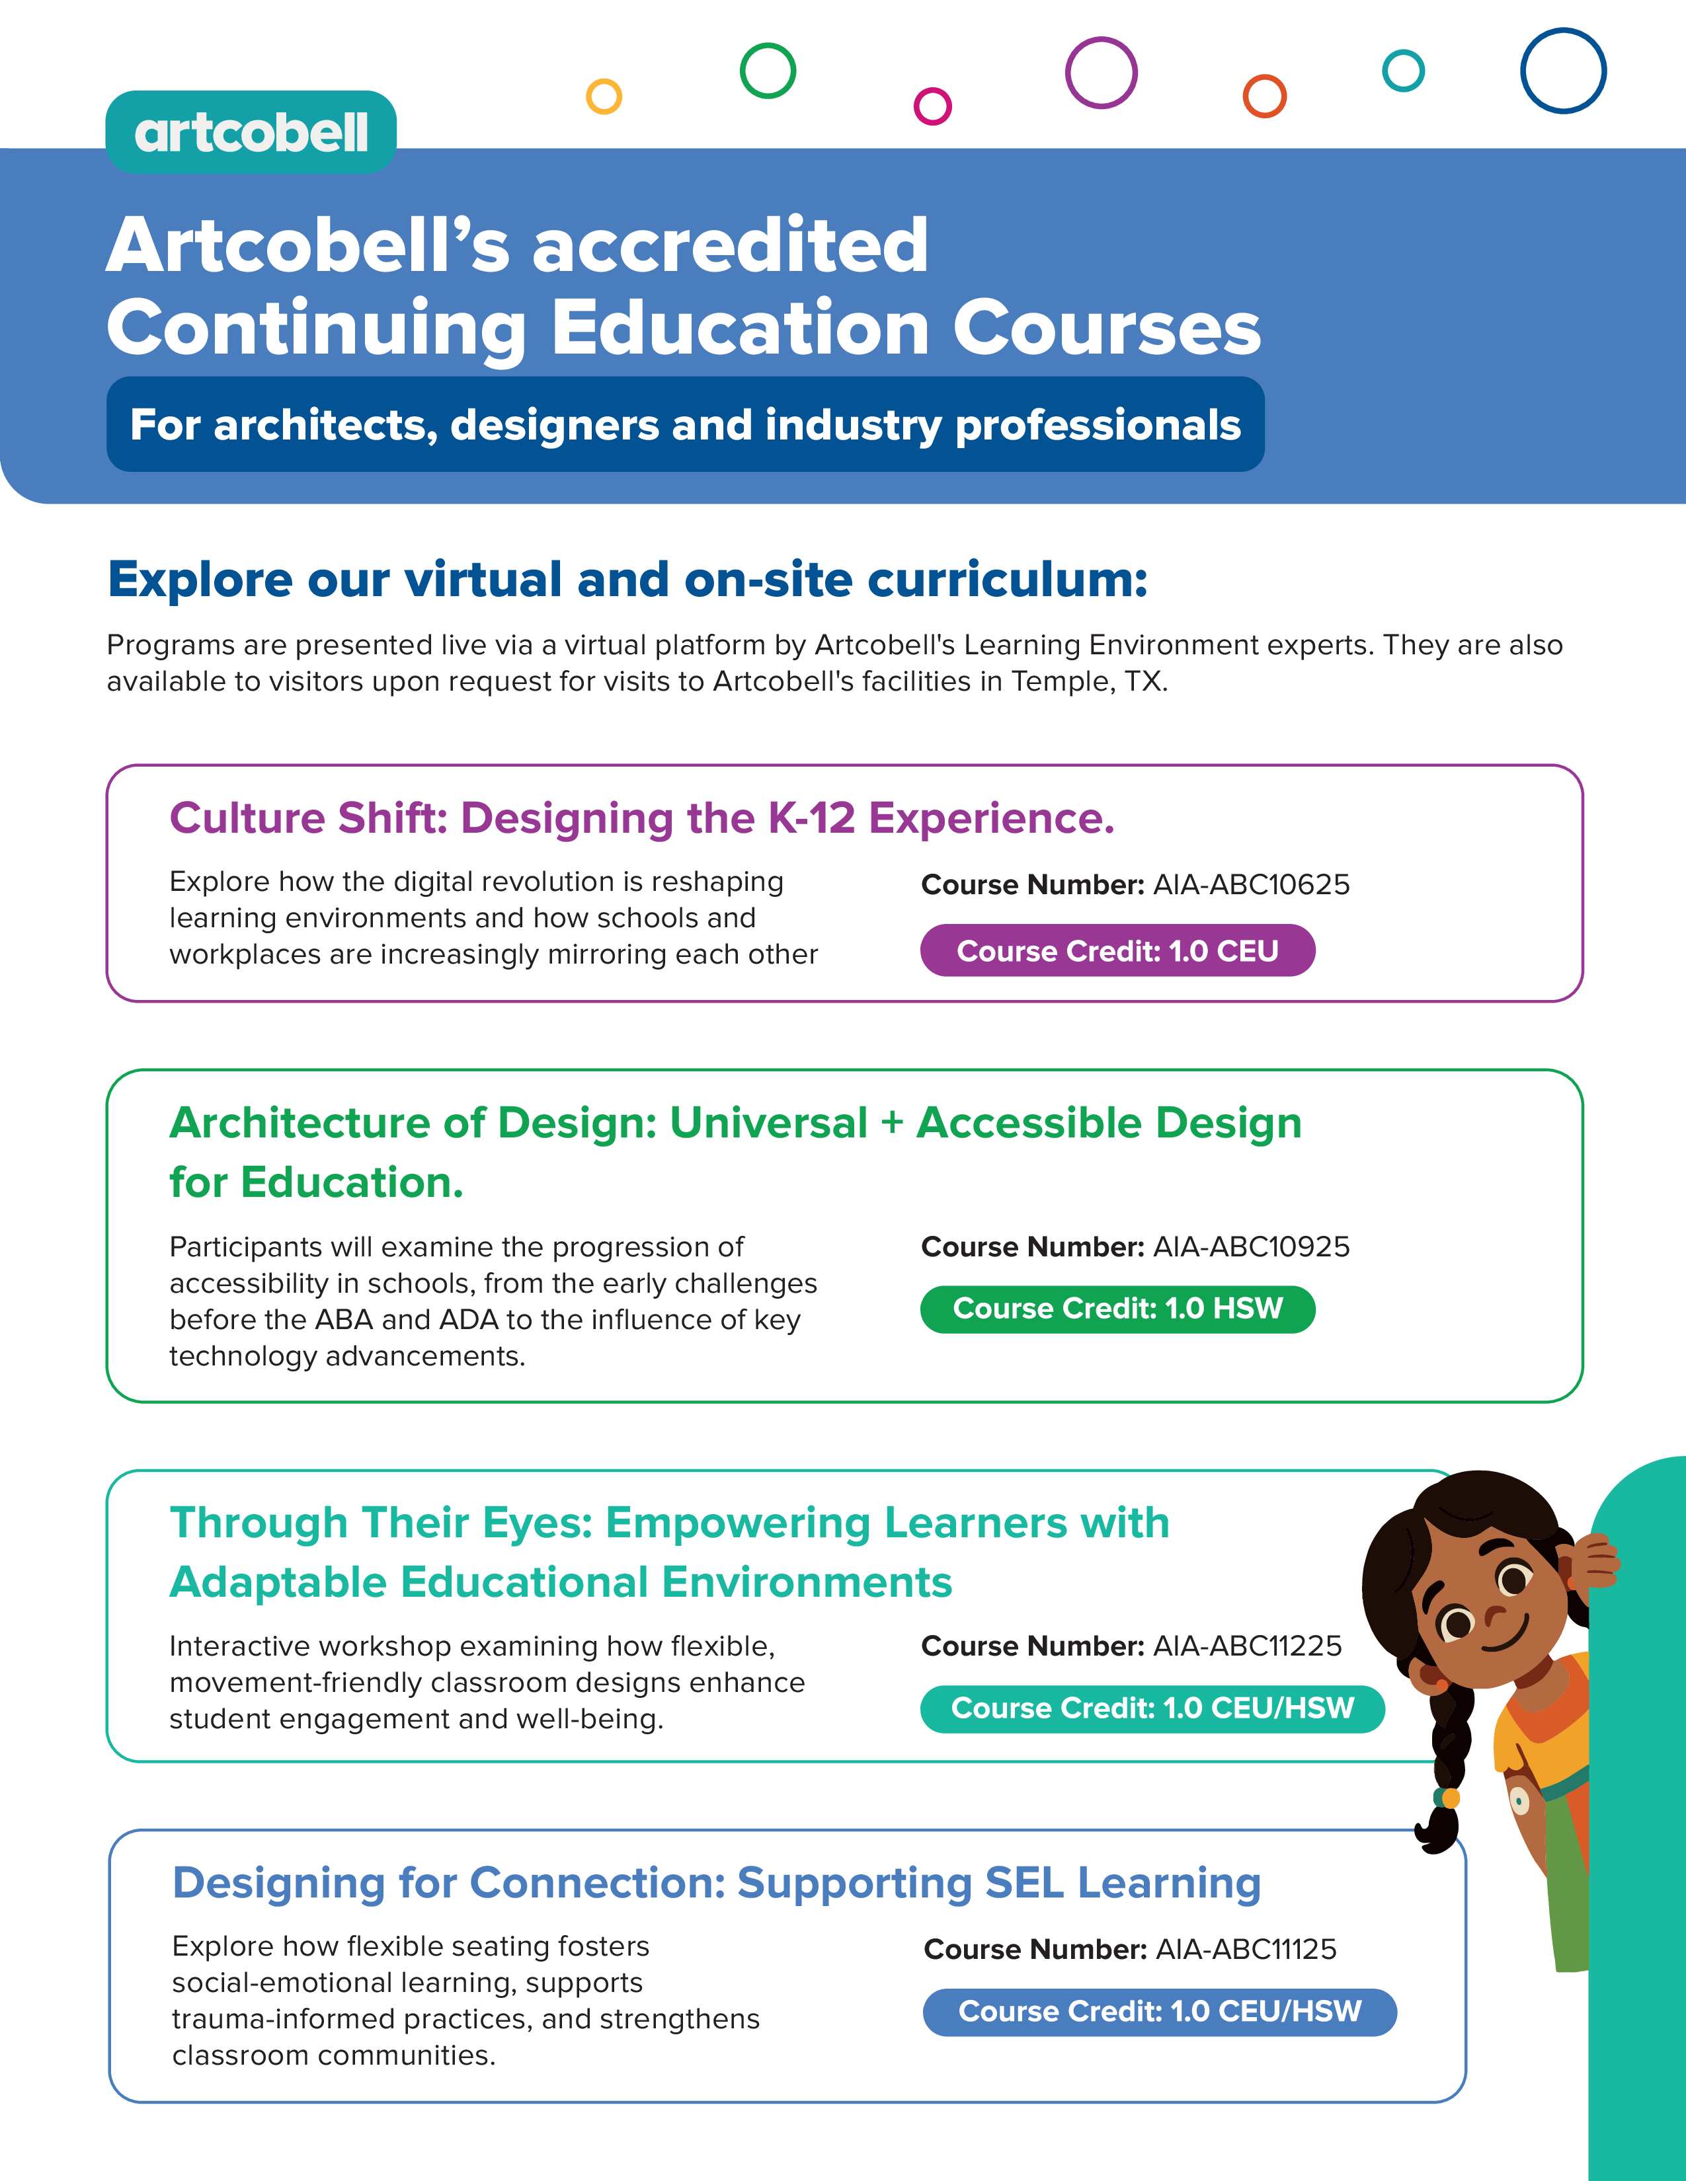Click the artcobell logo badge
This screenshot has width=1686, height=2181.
(251, 132)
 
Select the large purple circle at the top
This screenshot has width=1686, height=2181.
(1101, 72)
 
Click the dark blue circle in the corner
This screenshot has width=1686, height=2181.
(1562, 70)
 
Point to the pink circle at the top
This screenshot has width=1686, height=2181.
(932, 105)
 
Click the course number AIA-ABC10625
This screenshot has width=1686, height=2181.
(1250, 885)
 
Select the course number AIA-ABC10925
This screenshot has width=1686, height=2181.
(1250, 1246)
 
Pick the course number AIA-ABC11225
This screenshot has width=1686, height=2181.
(1246, 1646)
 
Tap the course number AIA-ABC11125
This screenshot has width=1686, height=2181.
(1246, 1948)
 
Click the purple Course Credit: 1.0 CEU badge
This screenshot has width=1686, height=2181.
(1117, 950)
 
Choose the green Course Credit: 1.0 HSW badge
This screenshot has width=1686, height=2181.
(1117, 1308)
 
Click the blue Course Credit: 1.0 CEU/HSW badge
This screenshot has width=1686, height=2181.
(1158, 2010)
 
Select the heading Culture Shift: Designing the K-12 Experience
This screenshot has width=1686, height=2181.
(641, 818)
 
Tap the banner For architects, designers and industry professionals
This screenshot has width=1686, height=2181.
(685, 424)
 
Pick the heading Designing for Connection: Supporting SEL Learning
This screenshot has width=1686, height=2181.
(716, 1882)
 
